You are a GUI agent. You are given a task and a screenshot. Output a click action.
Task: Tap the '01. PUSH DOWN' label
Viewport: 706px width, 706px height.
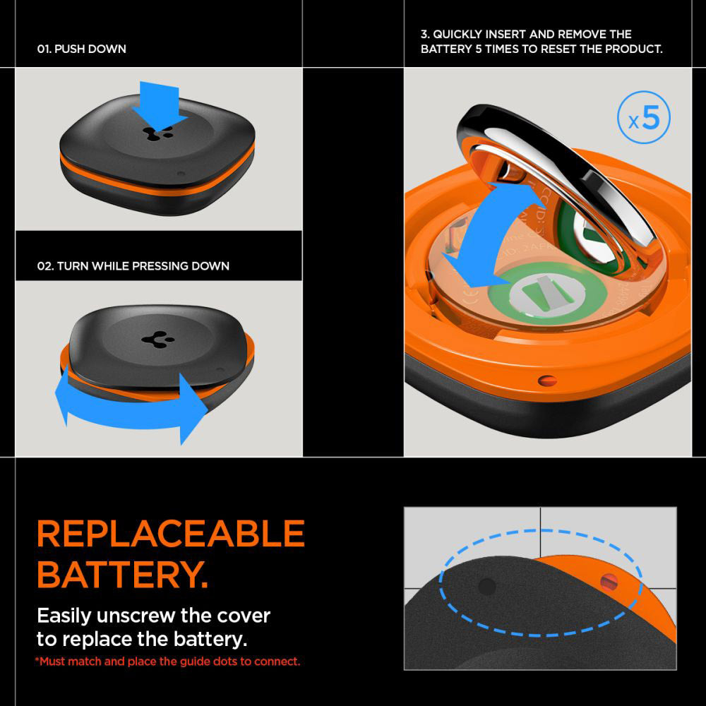coord(82,49)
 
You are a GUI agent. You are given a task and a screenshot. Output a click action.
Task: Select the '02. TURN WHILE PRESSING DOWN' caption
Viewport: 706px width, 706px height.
coord(133,266)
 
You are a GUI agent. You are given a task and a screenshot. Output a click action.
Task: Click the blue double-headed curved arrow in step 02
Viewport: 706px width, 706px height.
coord(131,412)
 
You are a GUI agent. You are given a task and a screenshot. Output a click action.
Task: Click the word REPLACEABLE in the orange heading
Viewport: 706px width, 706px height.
coord(170,534)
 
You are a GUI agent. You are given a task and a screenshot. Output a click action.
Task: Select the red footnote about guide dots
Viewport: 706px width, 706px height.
coord(167,662)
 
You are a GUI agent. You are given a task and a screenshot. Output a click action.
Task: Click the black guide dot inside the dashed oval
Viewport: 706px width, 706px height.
coord(486,585)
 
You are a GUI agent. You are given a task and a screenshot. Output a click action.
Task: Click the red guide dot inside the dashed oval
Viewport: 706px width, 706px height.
coord(609,582)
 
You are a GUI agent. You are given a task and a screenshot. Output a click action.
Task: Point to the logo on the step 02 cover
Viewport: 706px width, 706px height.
coord(154,338)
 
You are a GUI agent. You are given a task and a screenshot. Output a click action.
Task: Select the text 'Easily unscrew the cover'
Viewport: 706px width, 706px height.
coord(153,616)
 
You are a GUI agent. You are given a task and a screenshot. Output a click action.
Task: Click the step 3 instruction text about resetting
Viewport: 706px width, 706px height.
coord(541,42)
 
